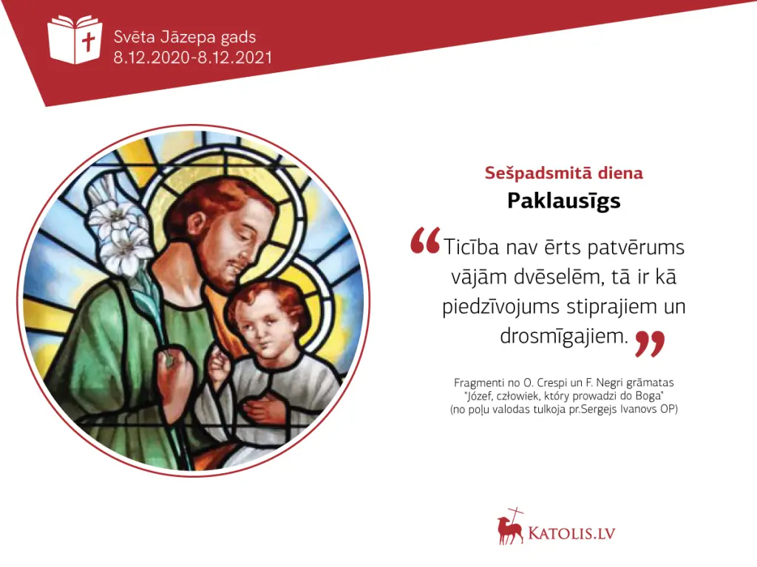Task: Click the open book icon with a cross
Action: tap(75, 39)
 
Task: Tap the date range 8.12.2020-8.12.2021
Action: tap(193, 58)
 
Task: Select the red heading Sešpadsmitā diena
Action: tap(563, 173)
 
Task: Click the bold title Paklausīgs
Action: tap(563, 201)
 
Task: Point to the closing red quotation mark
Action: tap(650, 343)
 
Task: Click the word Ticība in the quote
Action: tap(471, 247)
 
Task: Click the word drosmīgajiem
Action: tap(564, 336)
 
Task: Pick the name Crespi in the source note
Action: tap(550, 383)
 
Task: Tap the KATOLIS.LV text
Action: tap(572, 533)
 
